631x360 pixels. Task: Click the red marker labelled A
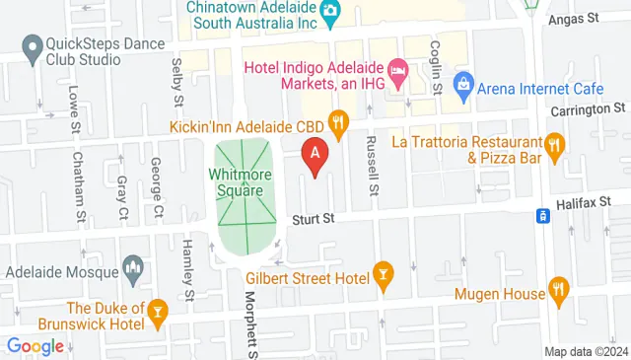(x=315, y=154)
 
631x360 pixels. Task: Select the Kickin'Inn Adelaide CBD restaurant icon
(x=339, y=121)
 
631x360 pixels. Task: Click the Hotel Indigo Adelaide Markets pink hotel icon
(x=398, y=70)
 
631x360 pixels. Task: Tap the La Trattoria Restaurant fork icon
(x=554, y=149)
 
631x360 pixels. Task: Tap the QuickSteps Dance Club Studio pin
(x=33, y=45)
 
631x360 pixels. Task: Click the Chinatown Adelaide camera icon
(x=331, y=10)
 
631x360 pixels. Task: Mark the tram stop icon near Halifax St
(x=541, y=215)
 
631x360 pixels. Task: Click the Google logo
(x=35, y=346)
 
